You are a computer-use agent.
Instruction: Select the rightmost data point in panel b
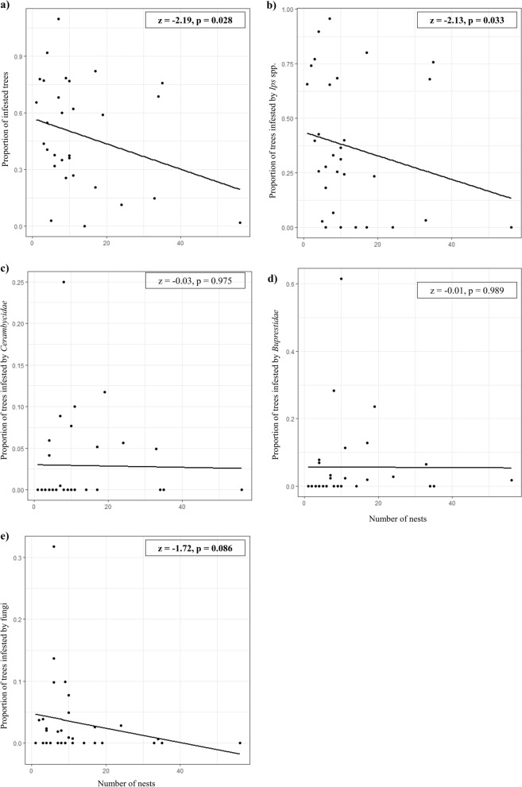tap(511, 227)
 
